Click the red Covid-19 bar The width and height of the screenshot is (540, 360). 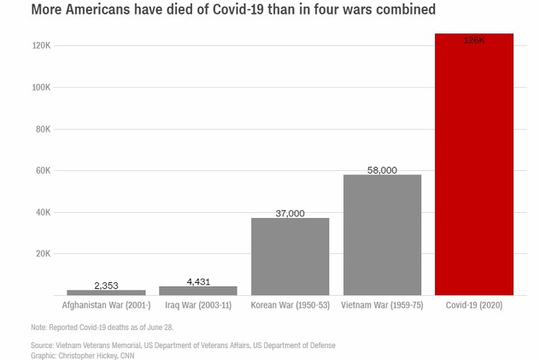[x=474, y=167]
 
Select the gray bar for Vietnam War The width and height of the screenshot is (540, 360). [x=382, y=235]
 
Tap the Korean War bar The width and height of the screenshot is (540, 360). [x=290, y=257]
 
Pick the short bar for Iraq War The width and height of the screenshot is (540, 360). [x=197, y=291]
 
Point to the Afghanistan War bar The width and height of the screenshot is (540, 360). [x=106, y=292]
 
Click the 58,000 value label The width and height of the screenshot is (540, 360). [x=382, y=170]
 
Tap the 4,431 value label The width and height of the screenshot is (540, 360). [x=197, y=281]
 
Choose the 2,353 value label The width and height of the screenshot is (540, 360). [x=106, y=286]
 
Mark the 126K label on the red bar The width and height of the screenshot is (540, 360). [x=474, y=40]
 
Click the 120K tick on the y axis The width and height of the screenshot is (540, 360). [x=42, y=45]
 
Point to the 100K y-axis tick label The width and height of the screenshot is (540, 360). [x=42, y=87]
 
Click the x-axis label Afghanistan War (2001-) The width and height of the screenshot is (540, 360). [x=106, y=304]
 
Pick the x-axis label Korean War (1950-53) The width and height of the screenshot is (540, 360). [x=290, y=304]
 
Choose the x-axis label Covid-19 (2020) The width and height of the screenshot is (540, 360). [x=474, y=304]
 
